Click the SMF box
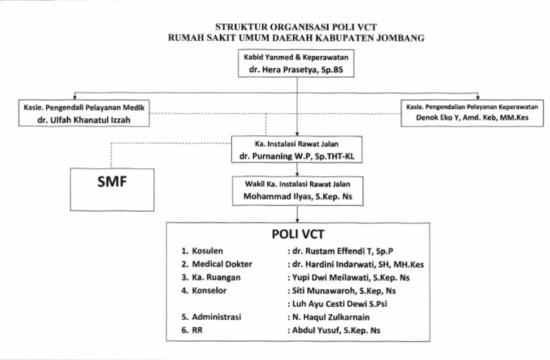click(x=112, y=183)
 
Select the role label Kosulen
click(x=208, y=251)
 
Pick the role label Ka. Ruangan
click(x=213, y=277)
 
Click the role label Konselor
click(x=208, y=290)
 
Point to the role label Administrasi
click(x=216, y=317)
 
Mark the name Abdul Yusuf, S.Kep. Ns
click(x=334, y=330)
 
